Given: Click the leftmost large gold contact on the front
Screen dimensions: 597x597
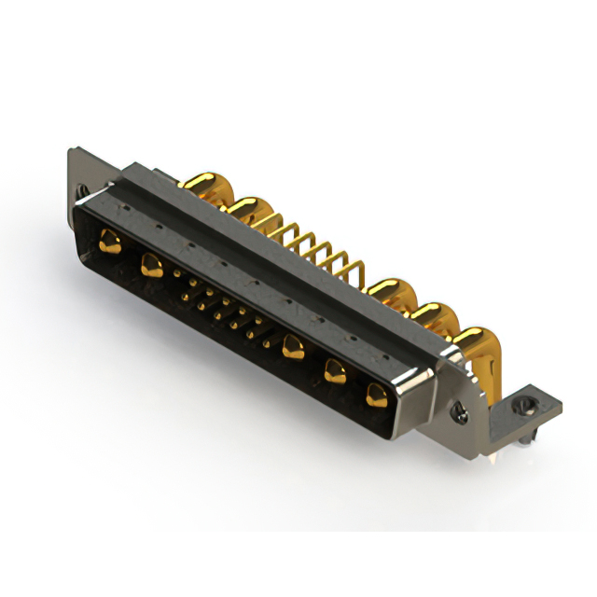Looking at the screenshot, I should point(110,243).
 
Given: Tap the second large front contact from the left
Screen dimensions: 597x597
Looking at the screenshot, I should point(149,267).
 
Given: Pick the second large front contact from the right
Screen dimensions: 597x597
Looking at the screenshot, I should point(335,372).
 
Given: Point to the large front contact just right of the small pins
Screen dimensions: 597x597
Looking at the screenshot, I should point(294,348).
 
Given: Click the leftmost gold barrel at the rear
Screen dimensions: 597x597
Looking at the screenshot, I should point(205,185).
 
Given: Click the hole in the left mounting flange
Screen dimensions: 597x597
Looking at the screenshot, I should point(83,189).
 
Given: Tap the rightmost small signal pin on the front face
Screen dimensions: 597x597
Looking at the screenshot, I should point(267,344).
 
